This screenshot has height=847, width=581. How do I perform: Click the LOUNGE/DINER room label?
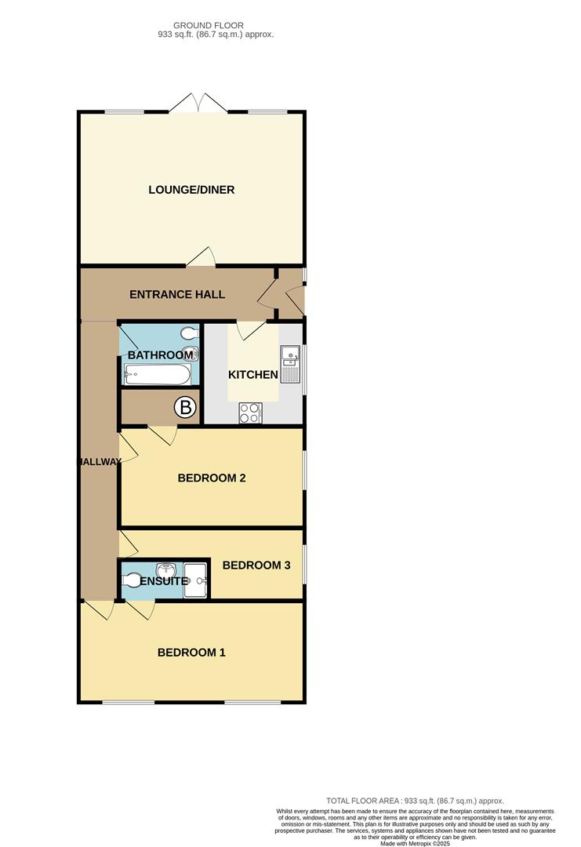pyautogui.click(x=191, y=190)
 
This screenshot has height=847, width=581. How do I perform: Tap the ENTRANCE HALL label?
pyautogui.click(x=177, y=295)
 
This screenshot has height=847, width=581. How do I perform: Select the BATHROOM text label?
pyautogui.click(x=160, y=355)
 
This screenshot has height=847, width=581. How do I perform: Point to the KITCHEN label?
pyautogui.click(x=252, y=375)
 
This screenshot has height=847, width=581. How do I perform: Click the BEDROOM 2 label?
pyautogui.click(x=212, y=477)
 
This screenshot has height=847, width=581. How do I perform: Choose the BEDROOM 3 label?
pyautogui.click(x=256, y=565)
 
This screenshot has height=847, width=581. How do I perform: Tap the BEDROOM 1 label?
pyautogui.click(x=191, y=653)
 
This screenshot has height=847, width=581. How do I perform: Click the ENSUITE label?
pyautogui.click(x=165, y=581)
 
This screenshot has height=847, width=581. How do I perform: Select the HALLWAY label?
pyautogui.click(x=99, y=462)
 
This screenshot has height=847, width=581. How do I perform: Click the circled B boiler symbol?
pyautogui.click(x=185, y=407)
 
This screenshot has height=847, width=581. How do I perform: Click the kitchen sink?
pyautogui.click(x=291, y=357)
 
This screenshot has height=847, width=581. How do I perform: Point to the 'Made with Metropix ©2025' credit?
pyautogui.click(x=416, y=844)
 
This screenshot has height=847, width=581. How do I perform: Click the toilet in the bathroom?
pyautogui.click(x=187, y=332)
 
